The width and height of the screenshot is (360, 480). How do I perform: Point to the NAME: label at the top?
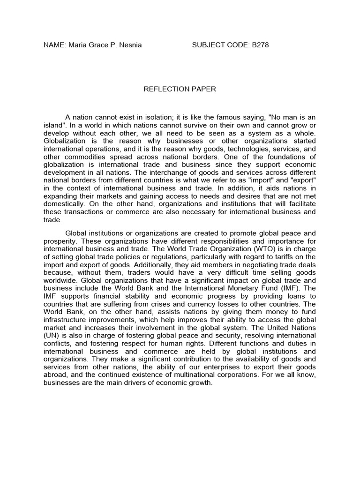[x=54, y=45]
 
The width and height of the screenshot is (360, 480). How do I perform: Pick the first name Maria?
[x=77, y=45]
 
